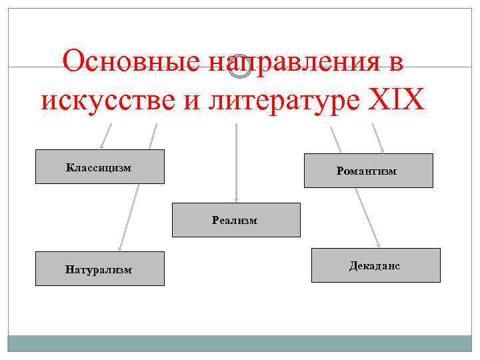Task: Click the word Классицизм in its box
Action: tap(99, 167)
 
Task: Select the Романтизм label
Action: tap(367, 171)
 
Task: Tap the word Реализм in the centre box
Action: tap(235, 220)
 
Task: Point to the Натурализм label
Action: tap(99, 270)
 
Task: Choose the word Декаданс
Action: tap(375, 265)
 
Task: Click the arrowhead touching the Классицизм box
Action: tap(102, 146)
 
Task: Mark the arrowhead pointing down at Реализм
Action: tap(236, 198)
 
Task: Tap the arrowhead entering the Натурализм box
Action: tap(119, 247)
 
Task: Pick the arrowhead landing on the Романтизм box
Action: tap(382, 151)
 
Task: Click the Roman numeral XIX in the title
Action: tap(396, 99)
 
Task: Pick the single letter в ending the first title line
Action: tap(397, 63)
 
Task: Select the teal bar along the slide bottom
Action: tap(239, 343)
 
